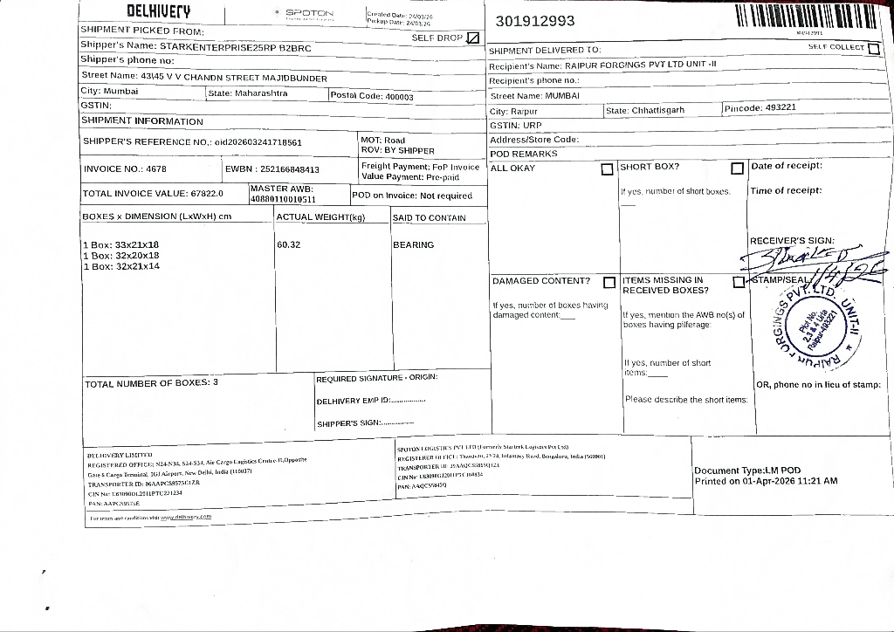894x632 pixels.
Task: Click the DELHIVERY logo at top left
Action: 159,11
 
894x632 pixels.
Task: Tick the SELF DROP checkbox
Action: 473,38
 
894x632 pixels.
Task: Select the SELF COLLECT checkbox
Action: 874,48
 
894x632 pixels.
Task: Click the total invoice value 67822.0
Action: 207,194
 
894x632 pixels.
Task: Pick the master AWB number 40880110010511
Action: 282,200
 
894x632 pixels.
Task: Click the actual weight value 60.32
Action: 289,244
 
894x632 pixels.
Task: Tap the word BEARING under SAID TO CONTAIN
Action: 413,245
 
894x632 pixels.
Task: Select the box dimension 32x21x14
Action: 138,266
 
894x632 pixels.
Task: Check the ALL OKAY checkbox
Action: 607,168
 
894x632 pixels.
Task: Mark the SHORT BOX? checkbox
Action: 737,168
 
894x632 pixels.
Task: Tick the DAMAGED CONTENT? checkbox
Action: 609,282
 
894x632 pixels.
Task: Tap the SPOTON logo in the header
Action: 309,14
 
